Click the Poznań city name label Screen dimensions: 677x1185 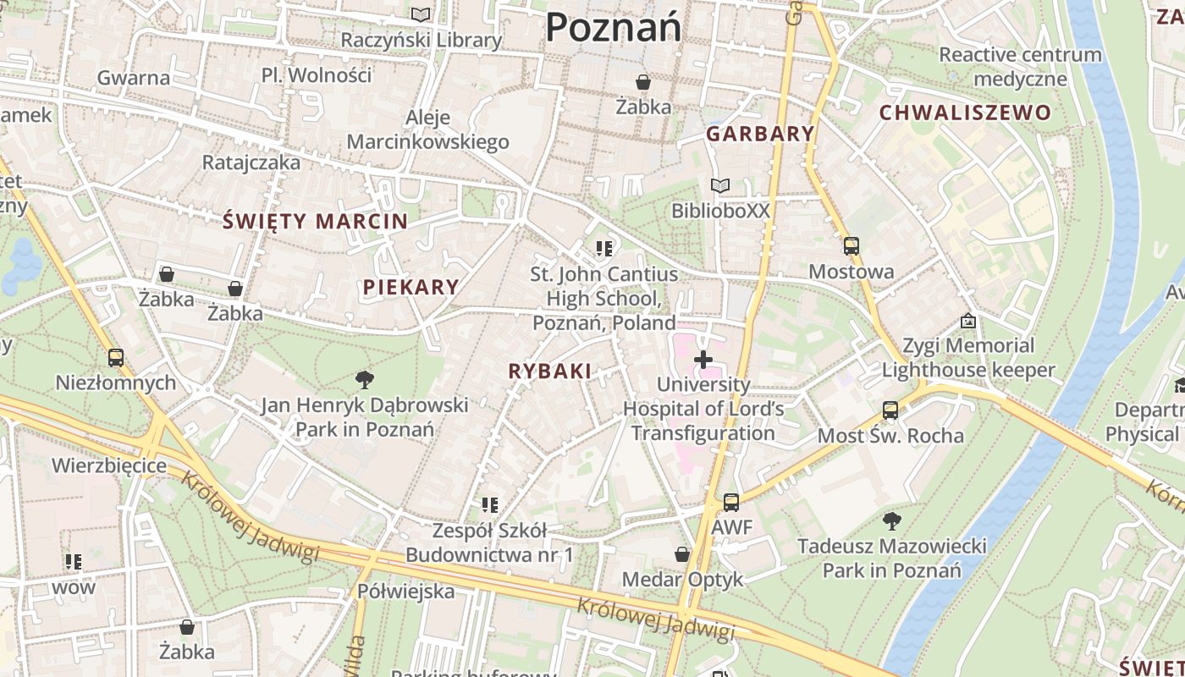tap(613, 27)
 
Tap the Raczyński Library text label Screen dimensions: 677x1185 tap(421, 40)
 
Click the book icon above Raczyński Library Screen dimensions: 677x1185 tap(421, 14)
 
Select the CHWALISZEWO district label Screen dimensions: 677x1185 tap(965, 113)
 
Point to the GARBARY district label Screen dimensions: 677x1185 tap(760, 134)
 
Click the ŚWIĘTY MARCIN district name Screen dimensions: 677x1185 tap(315, 222)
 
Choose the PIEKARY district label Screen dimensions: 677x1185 tap(411, 287)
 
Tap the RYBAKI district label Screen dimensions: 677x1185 tap(549, 371)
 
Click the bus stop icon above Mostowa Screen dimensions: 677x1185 tap(851, 246)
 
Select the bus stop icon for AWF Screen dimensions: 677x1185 tap(731, 503)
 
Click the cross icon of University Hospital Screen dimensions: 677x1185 tap(703, 360)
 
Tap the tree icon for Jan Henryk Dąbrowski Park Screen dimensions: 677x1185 tap(365, 379)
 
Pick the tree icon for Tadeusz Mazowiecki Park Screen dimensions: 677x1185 tap(891, 520)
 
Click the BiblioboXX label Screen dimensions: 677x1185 tap(720, 210)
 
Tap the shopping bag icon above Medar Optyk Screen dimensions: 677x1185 tap(682, 554)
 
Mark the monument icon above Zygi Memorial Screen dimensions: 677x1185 tap(968, 321)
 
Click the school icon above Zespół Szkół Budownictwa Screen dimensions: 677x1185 tap(489, 505)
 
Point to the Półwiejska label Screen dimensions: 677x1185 tap(405, 591)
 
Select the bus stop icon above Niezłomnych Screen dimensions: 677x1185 tap(116, 358)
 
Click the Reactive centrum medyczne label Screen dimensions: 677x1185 tap(1020, 67)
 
